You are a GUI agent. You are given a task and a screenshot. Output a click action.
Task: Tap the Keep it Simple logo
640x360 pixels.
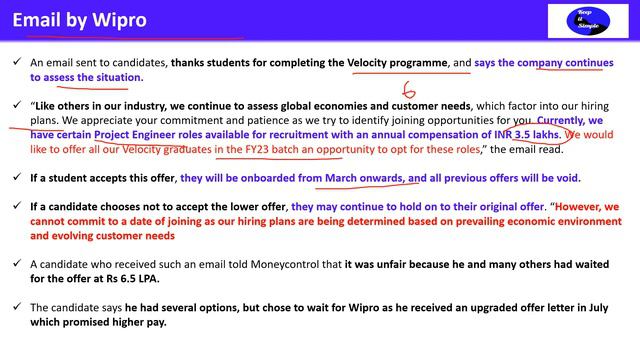point(587,21)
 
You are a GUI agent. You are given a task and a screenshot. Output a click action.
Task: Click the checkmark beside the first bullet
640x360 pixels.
point(17,62)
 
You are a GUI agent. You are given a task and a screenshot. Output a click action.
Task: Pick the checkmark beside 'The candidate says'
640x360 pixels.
point(17,309)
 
